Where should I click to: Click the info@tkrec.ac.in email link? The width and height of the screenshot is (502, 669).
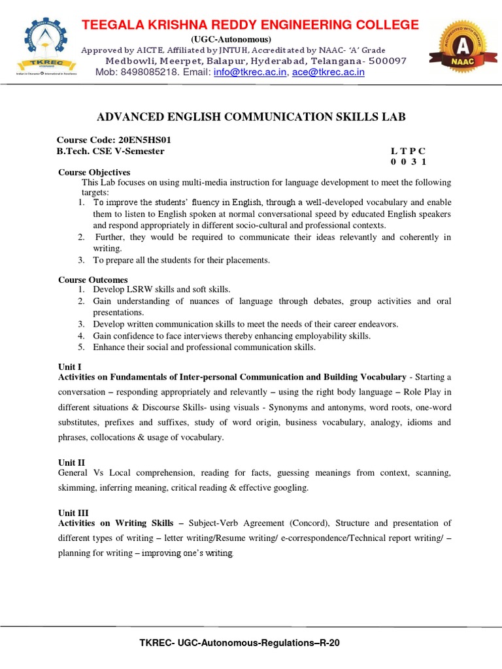tap(250, 73)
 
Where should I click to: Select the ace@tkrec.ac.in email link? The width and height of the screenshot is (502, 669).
tap(328, 73)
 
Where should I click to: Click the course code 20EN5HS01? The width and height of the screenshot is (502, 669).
tap(144, 140)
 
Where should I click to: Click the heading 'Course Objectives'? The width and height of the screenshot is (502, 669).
tap(94, 172)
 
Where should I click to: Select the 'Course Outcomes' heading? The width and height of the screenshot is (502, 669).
tap(93, 280)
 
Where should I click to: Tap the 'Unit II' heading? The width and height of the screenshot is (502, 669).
tap(72, 463)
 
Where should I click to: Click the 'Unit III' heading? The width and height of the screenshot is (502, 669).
tap(73, 513)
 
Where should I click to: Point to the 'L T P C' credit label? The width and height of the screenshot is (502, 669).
tap(409, 152)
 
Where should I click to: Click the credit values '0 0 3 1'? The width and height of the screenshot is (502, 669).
tap(409, 162)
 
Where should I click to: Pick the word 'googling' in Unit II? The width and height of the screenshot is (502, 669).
tap(291, 488)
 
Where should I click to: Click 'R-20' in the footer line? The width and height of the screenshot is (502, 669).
tap(329, 643)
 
